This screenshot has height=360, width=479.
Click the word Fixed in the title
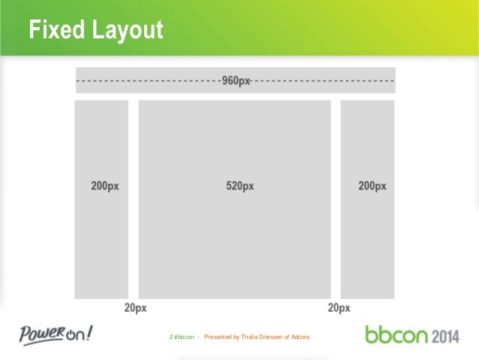coord(53,31)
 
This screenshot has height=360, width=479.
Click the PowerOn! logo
coord(57,333)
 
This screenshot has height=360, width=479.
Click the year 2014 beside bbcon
coord(445,334)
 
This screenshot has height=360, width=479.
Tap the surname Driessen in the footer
coord(270,335)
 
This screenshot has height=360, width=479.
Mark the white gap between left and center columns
coord(134,199)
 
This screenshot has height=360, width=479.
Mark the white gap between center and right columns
coord(336,199)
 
